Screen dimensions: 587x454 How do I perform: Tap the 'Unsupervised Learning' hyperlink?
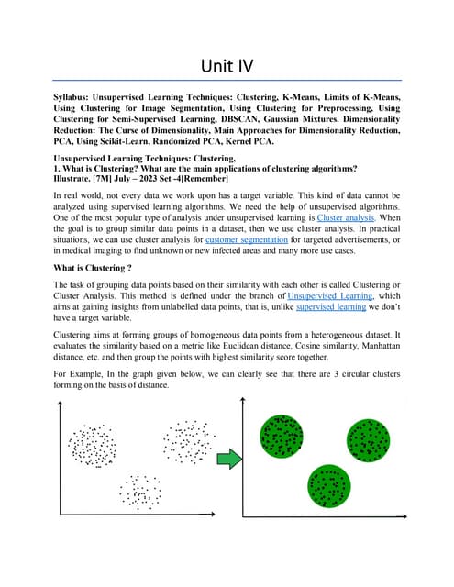329,297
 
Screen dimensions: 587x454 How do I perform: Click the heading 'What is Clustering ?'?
93,268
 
